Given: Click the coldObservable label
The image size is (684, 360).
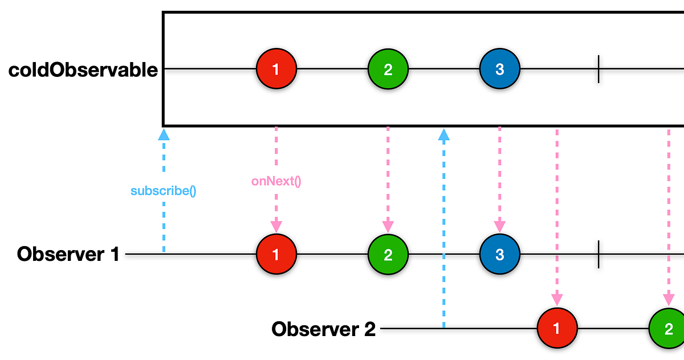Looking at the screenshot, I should [83, 70].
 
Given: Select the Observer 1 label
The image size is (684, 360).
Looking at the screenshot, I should [68, 254].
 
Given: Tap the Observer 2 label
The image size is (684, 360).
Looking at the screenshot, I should [323, 329].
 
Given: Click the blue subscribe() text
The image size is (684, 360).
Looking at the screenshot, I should [163, 191].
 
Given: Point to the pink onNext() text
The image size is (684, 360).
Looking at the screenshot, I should [276, 182].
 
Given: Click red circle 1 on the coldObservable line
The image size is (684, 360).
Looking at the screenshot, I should [276, 69].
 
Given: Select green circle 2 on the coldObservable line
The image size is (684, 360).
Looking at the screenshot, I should [388, 69].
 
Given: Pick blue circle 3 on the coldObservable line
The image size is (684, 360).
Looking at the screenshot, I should [499, 69].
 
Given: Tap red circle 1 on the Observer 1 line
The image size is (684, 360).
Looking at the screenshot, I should [276, 254].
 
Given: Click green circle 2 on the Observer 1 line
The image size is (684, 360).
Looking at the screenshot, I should [388, 254].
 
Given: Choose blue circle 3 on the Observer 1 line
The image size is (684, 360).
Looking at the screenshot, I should [499, 254].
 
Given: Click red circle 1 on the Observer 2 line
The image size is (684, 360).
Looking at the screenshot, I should [557, 329].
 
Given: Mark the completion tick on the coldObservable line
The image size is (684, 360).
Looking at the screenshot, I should [598, 69].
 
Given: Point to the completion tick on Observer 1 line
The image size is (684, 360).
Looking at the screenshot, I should [598, 254].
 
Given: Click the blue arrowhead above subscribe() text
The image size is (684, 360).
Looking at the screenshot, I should [164, 134].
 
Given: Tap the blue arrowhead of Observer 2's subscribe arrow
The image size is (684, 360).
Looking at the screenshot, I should [443, 134].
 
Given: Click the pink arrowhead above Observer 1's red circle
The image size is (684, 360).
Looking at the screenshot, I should [276, 226].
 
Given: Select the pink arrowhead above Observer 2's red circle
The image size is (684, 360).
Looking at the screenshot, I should [557, 300].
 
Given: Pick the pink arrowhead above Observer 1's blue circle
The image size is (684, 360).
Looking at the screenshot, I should [499, 226].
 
